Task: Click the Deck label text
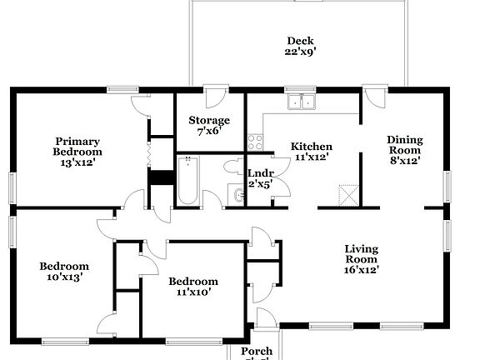tap(300, 40)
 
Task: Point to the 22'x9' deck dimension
tap(300, 52)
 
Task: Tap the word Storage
tap(207, 121)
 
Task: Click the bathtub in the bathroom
tap(187, 181)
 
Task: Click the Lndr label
tap(260, 173)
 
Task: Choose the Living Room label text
tap(362, 254)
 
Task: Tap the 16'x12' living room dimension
tap(362, 269)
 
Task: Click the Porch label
tap(257, 352)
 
